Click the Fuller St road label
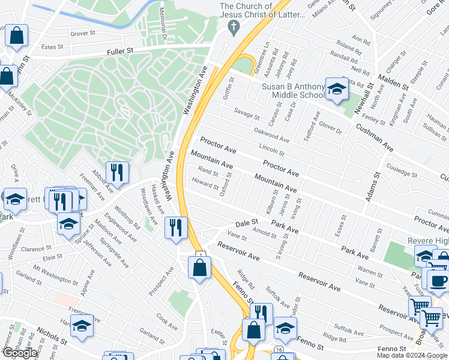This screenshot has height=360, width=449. tap(121, 52)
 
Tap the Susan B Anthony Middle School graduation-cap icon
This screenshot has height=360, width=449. tap(337, 90)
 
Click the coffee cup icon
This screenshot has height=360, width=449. tap(437, 280)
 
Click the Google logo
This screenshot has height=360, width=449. tap(19, 353)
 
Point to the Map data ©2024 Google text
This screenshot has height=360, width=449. tap(412, 355)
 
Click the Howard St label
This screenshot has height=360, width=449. tap(205, 184)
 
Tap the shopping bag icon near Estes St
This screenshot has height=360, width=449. tap(17, 37)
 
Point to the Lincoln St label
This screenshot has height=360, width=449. tap(271, 149)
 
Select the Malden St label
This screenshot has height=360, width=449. tap(393, 83)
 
